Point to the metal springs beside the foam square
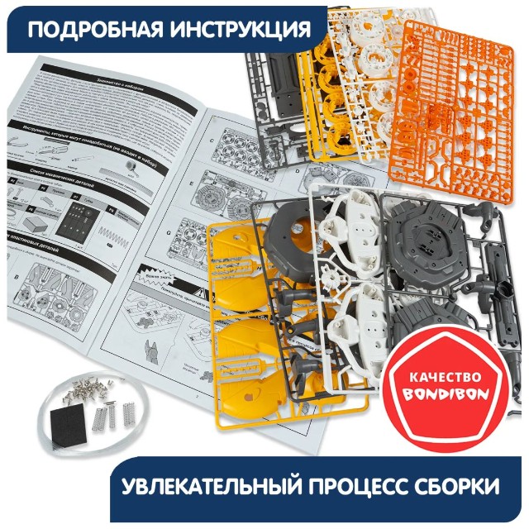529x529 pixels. (x=112, y=410)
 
